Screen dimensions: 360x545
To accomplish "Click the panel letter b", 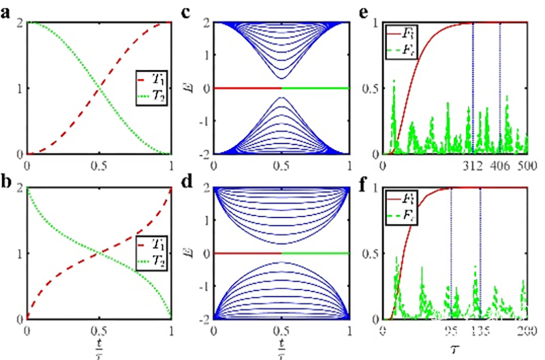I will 6,177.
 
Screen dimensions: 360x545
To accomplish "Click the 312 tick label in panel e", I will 472,166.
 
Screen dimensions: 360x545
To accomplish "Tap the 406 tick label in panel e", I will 500,166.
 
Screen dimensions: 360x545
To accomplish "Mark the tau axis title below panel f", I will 454,348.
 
